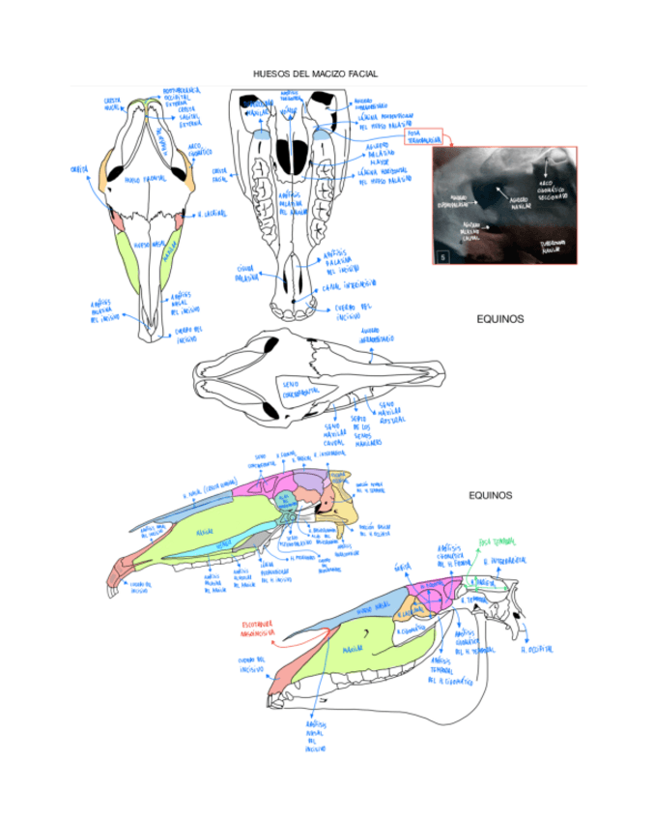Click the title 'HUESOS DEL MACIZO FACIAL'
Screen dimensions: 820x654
(315, 73)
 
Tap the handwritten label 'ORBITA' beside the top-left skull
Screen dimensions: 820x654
(79, 168)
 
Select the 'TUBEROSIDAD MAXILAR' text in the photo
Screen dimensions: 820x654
(553, 246)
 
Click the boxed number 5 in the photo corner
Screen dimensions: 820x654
(442, 258)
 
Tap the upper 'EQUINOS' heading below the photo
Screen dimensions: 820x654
(499, 318)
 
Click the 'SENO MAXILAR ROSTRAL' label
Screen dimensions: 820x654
(391, 411)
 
